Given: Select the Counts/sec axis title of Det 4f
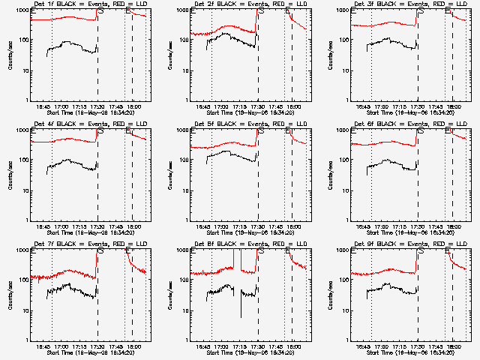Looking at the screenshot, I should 10,175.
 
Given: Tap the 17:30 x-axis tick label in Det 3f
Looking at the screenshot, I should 418,106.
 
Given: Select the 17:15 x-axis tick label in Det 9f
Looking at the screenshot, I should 400,346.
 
